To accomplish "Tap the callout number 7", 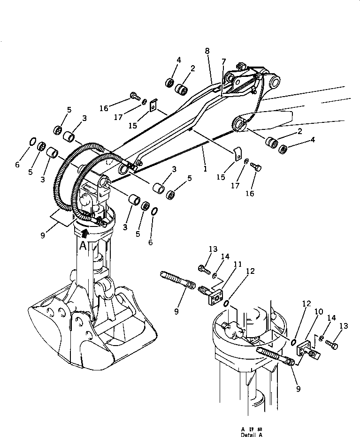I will (224, 61).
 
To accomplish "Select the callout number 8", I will (207, 50).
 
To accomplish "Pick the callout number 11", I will (237, 265).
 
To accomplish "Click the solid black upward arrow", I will (84, 232).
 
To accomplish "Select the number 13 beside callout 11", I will (213, 249).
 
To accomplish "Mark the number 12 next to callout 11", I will (251, 271).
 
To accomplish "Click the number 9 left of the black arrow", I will (43, 235).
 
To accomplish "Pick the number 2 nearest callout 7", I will (193, 68).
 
